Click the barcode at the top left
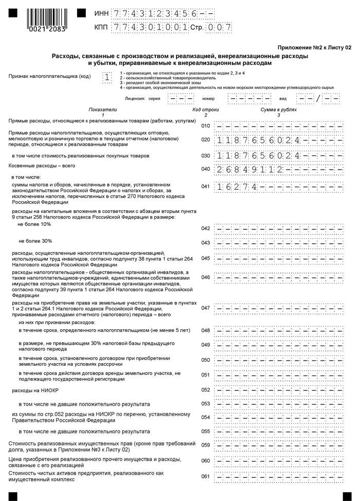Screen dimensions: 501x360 click(46, 20)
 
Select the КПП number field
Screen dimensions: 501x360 click(150, 27)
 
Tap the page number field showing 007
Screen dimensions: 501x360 click(219, 27)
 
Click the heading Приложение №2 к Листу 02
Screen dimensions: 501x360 click(314, 47)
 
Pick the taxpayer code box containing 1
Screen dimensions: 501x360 click(106, 78)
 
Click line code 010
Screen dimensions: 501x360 click(206, 126)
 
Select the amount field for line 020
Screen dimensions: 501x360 click(278, 140)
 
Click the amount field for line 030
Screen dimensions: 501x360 click(278, 155)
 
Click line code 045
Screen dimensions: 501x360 click(206, 258)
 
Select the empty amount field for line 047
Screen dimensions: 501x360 click(278, 308)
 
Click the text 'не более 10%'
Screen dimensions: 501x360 click(34, 224)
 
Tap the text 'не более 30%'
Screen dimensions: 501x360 click(35, 241)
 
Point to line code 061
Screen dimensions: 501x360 click(206, 476)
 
